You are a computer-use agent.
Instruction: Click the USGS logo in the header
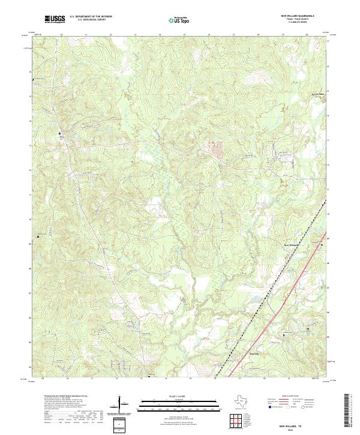coord(55,20)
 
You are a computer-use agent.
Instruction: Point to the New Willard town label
coord(291,245)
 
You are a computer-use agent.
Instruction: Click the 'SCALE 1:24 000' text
coord(171,396)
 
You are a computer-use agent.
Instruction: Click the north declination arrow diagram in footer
coord(121,406)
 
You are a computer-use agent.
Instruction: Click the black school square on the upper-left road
coord(59,133)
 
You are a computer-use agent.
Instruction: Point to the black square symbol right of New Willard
coord(322,246)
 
